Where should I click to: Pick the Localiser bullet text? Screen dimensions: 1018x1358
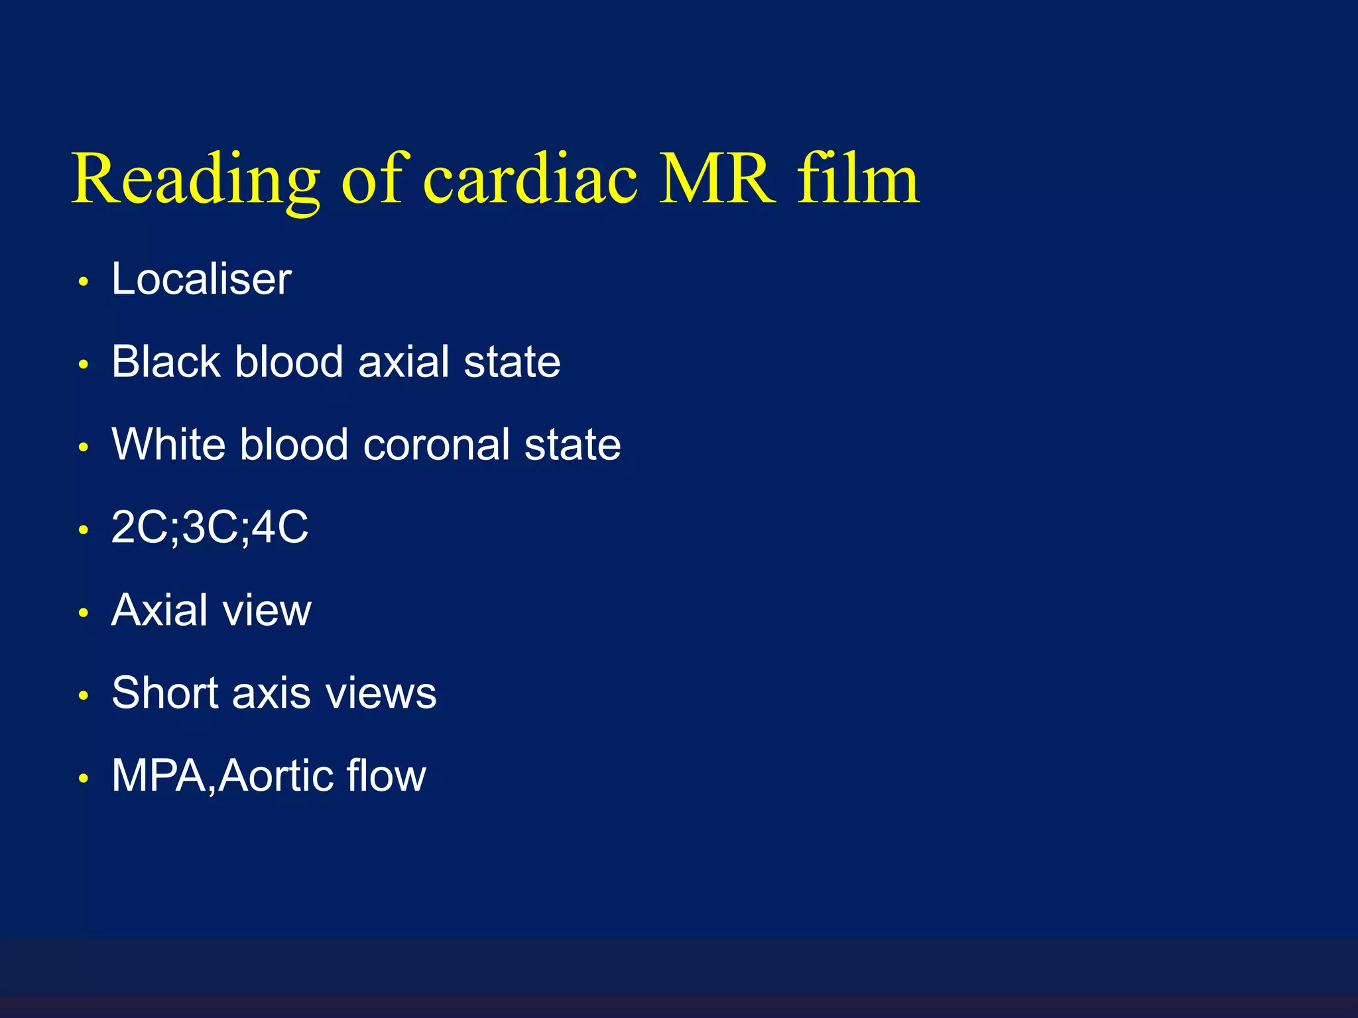click(x=201, y=279)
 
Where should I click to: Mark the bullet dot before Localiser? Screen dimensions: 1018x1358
click(x=84, y=282)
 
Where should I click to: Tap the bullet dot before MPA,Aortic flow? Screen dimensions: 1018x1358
click(x=84, y=779)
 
